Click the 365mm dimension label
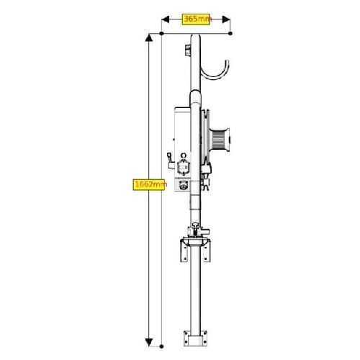[x=196, y=19]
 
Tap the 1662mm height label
[x=149, y=184]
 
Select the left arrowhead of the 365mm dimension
[x=166, y=19]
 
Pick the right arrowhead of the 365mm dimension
[x=226, y=19]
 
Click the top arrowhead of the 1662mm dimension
[x=149, y=38]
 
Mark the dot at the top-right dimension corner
[x=230, y=33]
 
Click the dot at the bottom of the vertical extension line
[x=161, y=346]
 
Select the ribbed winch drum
[x=219, y=140]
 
